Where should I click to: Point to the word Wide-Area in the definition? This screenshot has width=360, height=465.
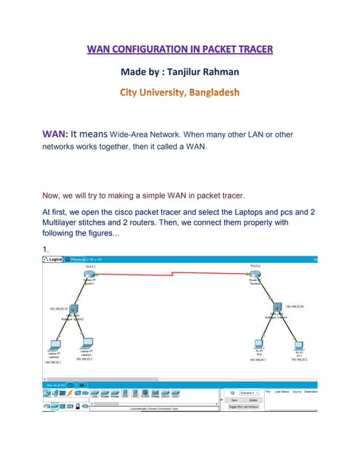pos(149,134)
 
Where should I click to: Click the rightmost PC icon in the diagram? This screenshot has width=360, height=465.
pos(298,344)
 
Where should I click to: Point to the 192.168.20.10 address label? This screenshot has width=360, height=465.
pos(58,308)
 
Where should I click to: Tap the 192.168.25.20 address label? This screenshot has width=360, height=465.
pos(296,306)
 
